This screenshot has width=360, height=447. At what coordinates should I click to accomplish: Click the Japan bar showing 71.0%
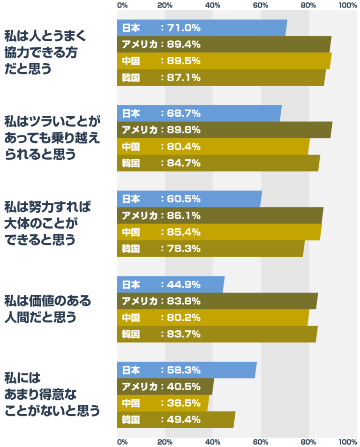coord(202,28)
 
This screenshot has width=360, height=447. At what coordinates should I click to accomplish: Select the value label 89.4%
coord(183,45)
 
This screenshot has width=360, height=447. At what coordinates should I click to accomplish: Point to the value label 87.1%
coord(183,78)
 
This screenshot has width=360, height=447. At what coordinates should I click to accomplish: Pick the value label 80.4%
coord(183,147)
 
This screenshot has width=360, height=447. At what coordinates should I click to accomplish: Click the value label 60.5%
coord(183,199)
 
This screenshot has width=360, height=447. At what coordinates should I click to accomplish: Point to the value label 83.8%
coord(183,301)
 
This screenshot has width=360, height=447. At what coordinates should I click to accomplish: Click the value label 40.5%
coord(183,387)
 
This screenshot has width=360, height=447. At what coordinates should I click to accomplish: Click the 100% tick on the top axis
coord(347,5)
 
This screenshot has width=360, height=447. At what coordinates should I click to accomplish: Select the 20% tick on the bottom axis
coord(165,441)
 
